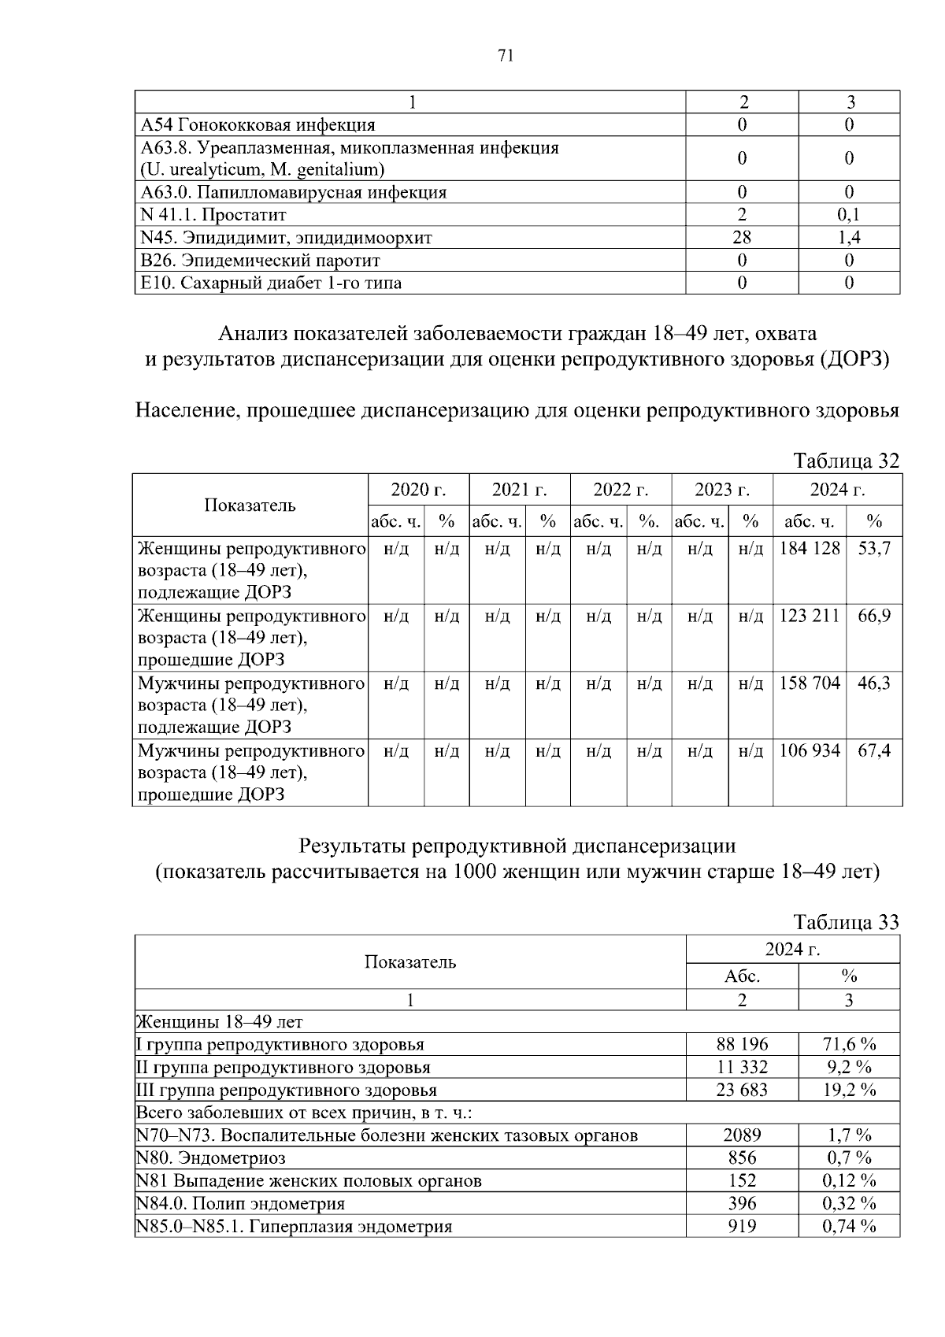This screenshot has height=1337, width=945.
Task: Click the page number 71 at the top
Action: click(x=506, y=55)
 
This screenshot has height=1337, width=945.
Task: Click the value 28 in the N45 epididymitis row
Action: click(x=741, y=238)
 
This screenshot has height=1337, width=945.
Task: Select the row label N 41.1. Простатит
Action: click(x=213, y=215)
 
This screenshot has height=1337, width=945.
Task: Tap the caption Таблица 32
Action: click(x=846, y=461)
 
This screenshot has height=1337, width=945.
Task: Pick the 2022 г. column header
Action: click(x=621, y=490)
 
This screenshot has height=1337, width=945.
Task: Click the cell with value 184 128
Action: click(x=809, y=548)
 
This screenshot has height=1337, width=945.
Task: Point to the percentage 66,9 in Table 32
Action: click(x=873, y=616)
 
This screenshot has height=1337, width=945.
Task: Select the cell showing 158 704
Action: click(x=809, y=683)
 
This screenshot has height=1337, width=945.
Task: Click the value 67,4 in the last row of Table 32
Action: click(x=873, y=750)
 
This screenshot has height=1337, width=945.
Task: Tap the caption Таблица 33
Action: click(x=846, y=922)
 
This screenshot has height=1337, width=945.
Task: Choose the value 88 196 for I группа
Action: click(x=742, y=1045)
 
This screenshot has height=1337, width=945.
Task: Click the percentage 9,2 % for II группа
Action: click(x=849, y=1068)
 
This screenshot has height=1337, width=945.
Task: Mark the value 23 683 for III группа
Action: click(x=742, y=1091)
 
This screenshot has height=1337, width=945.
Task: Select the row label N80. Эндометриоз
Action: click(x=211, y=1158)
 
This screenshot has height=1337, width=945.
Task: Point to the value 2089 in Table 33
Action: click(x=742, y=1135)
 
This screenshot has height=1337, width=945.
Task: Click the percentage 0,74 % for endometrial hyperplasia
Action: click(x=849, y=1226)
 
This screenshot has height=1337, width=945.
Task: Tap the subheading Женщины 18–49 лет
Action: click(x=220, y=1022)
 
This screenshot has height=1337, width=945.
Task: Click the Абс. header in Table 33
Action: click(x=742, y=976)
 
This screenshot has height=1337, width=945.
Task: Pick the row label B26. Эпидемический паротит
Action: click(x=261, y=261)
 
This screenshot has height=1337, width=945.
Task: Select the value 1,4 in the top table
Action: click(x=849, y=238)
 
